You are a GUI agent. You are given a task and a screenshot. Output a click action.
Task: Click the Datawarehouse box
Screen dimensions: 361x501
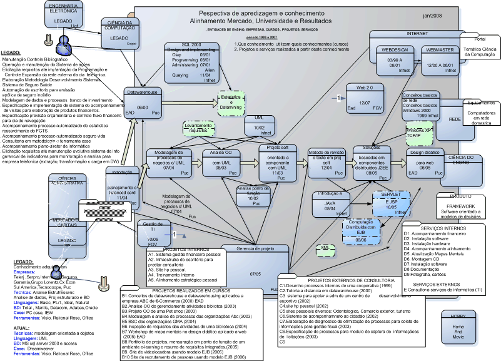click(143, 103)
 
